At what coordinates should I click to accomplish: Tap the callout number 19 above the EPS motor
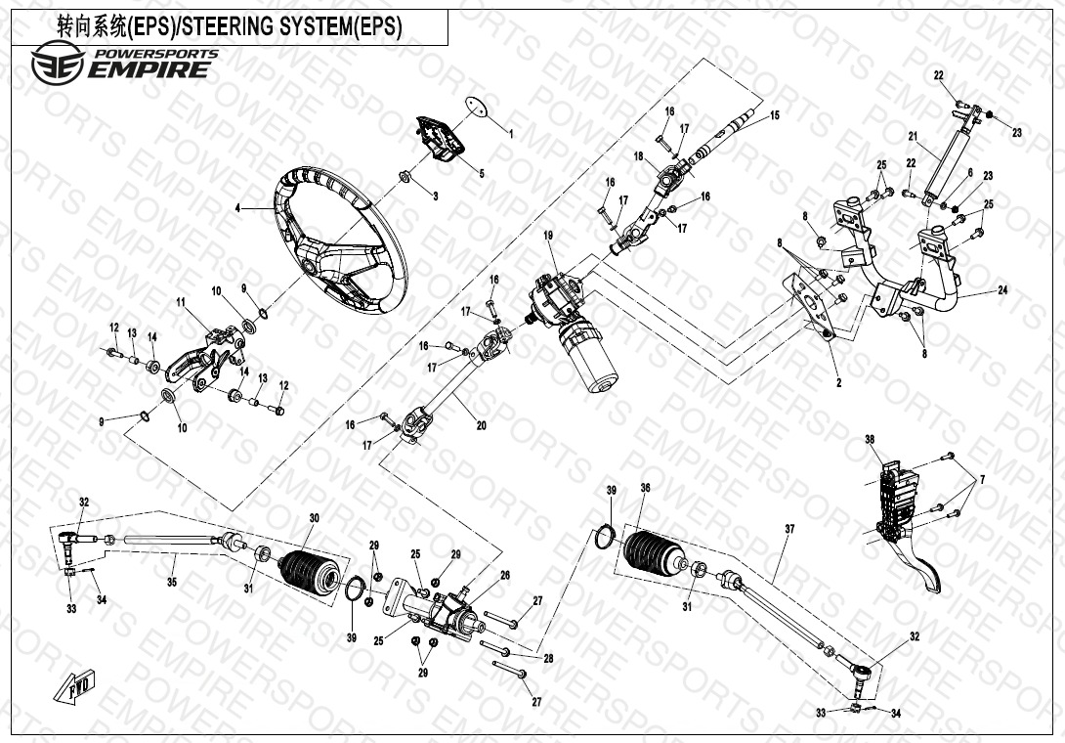click(549, 236)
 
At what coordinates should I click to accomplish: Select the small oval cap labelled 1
click(475, 106)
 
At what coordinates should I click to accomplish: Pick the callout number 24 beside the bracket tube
click(1003, 289)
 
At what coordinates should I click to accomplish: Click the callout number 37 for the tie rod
click(789, 529)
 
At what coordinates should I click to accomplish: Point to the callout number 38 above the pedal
click(870, 439)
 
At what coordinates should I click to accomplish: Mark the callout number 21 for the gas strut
click(913, 136)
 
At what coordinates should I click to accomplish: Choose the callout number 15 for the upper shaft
click(775, 115)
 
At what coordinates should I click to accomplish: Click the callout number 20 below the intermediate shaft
click(481, 425)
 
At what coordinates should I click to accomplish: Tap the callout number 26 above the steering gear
click(505, 575)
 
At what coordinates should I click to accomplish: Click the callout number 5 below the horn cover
click(481, 174)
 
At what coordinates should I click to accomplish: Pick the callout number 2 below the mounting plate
click(838, 383)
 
